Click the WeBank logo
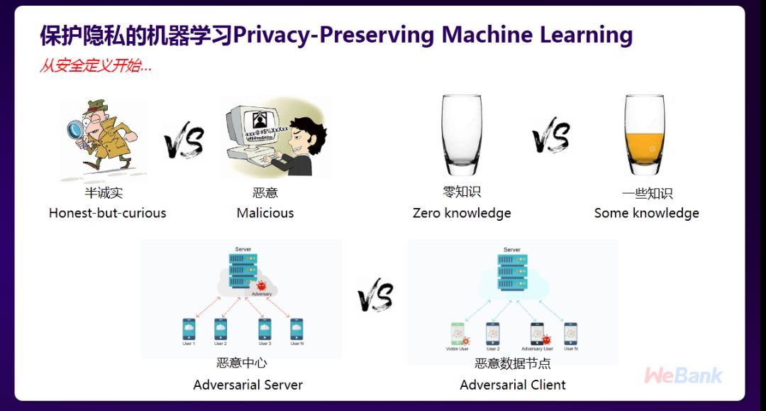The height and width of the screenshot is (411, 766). click(x=683, y=376)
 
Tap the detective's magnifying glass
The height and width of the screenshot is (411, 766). click(x=74, y=131)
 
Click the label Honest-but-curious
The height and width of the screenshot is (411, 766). click(x=107, y=213)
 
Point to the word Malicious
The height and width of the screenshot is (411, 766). click(x=265, y=213)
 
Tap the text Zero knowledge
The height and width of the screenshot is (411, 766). click(x=462, y=213)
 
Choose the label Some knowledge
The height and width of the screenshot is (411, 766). click(x=646, y=213)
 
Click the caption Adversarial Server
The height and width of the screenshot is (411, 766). click(x=248, y=385)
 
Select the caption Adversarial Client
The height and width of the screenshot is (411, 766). click(x=513, y=385)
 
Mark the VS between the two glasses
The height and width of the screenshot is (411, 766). click(x=551, y=137)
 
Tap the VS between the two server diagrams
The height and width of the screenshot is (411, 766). click(x=375, y=295)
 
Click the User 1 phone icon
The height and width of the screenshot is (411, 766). click(x=189, y=329)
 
